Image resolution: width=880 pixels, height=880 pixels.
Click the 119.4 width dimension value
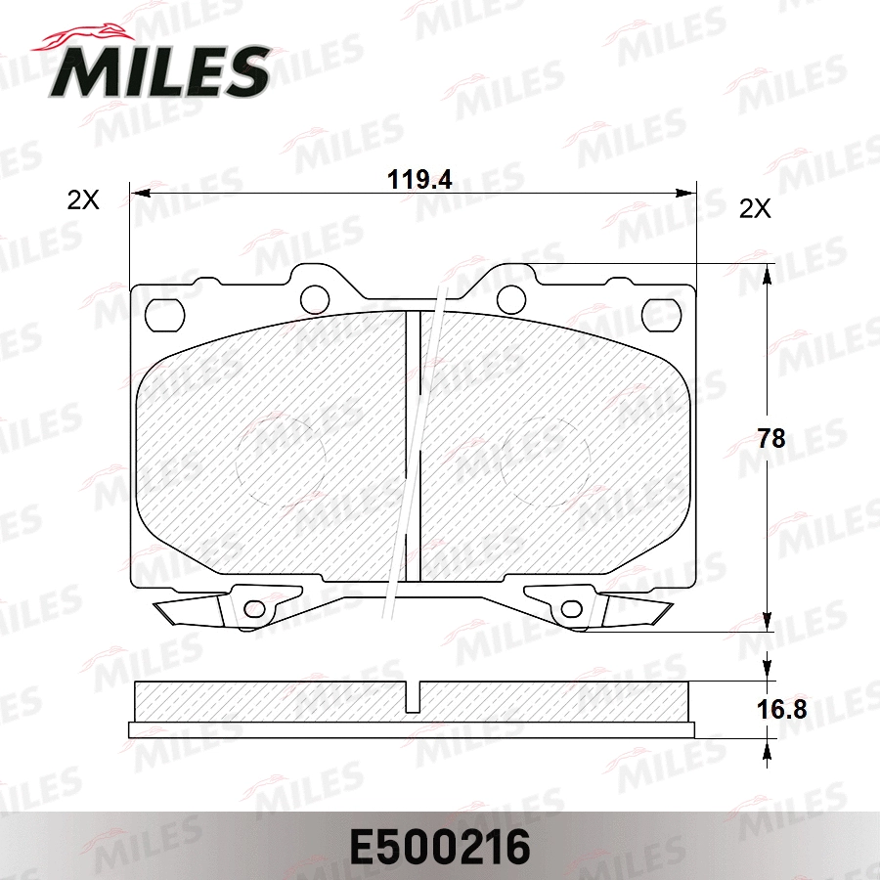(419, 180)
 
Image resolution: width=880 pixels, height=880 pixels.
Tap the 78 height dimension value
(771, 438)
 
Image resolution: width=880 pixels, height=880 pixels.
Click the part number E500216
(440, 848)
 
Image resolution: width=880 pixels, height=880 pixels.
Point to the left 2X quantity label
(83, 199)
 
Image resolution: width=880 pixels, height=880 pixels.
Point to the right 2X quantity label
(755, 209)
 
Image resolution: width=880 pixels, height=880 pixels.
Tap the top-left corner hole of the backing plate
(164, 316)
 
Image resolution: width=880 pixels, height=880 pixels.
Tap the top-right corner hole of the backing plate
(661, 314)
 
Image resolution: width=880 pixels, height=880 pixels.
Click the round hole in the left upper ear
(314, 298)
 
